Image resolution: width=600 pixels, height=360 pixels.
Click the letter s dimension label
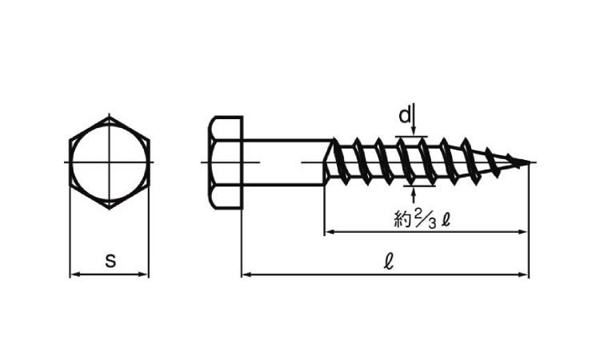[110, 261]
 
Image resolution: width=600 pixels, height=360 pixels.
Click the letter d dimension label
[405, 114]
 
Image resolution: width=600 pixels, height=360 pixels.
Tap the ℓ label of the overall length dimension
[388, 262]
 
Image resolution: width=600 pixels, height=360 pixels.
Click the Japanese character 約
[402, 220]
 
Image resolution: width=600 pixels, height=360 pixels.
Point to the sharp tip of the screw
[530, 162]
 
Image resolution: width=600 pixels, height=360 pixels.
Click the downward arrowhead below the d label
[414, 130]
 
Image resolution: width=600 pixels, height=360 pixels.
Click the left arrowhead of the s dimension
[74, 274]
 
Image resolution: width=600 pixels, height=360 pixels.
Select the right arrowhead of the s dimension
[144, 274]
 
